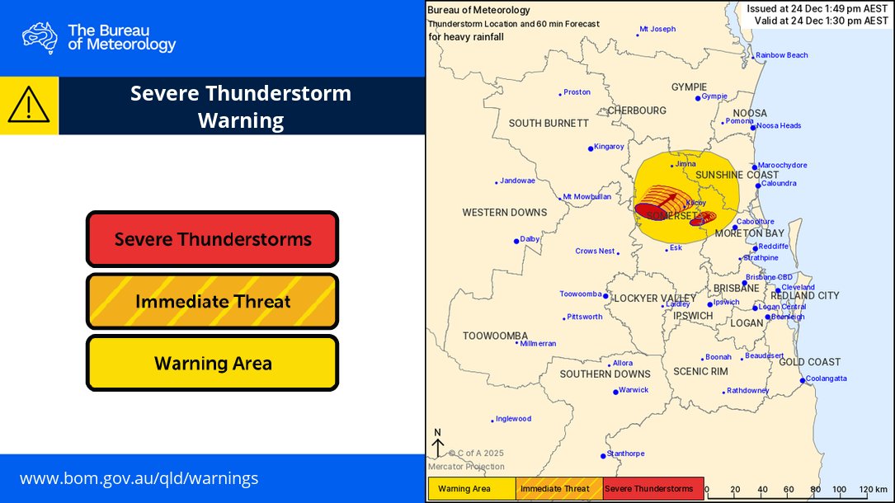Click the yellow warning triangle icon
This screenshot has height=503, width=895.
[29, 106]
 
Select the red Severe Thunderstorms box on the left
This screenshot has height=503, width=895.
[213, 239]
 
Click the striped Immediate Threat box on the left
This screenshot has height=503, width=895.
[213, 301]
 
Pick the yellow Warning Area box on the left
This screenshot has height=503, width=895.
[213, 363]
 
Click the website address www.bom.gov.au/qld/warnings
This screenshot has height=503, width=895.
[139, 478]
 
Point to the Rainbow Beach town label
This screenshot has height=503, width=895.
[782, 55]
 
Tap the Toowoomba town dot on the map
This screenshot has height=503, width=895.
[605, 296]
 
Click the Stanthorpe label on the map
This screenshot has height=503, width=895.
[625, 454]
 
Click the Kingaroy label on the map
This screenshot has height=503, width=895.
[609, 147]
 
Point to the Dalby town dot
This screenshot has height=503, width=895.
[516, 241]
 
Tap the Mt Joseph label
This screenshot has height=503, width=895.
[657, 29]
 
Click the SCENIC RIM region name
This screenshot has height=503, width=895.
[700, 372]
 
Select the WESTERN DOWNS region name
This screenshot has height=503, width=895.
[504, 213]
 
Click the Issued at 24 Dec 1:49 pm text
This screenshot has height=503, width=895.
[817, 9]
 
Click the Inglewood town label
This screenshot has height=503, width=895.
[513, 419]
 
